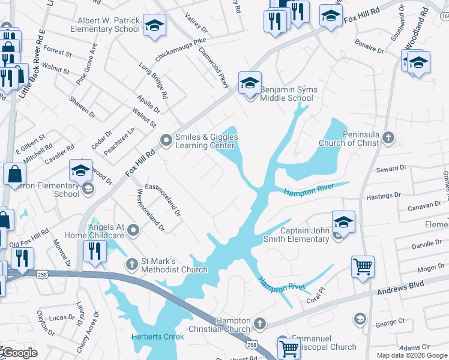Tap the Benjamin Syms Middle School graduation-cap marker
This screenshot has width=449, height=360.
pos(250,82)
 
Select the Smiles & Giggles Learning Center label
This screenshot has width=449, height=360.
pos(206,141)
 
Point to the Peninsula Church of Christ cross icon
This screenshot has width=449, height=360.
pos(388,138)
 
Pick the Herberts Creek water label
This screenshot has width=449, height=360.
pos(158,337)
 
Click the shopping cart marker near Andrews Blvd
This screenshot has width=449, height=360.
pos(363,265)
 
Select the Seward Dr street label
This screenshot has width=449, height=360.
pos(391,169)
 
